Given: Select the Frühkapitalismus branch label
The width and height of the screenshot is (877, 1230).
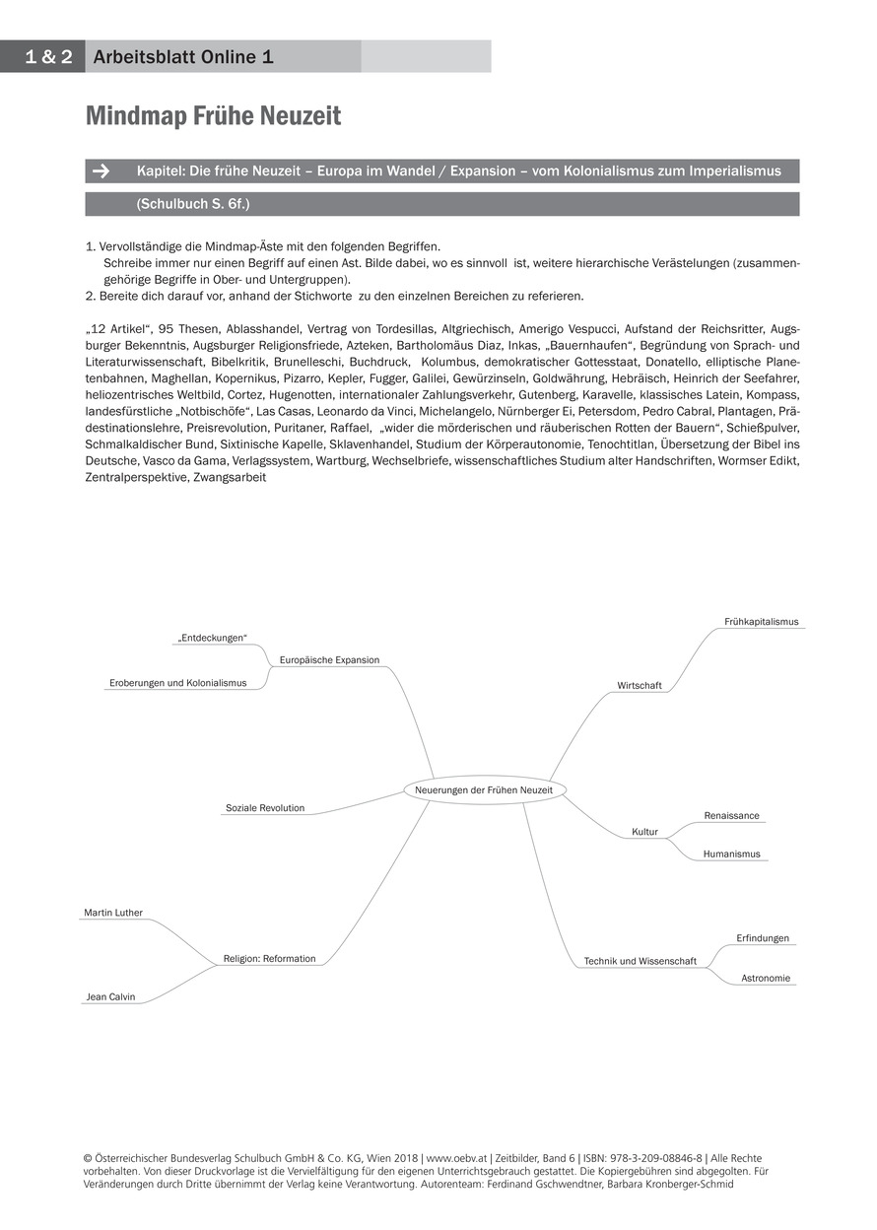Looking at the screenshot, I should (761, 622).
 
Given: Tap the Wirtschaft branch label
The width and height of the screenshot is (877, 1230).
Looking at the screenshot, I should (640, 685).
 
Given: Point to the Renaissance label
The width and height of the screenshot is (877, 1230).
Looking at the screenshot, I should (731, 816).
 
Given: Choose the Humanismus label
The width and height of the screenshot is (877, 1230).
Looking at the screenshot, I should (731, 854).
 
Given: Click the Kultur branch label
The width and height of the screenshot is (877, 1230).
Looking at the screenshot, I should (644, 832).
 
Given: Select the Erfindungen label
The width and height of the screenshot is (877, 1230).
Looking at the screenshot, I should (763, 938).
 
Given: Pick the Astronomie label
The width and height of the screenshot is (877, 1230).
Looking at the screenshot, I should (766, 978).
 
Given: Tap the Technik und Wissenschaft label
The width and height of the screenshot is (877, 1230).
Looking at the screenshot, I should (640, 961).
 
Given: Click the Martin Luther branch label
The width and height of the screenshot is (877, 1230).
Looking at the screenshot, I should (113, 913).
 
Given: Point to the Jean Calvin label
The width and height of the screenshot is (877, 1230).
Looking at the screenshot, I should (109, 996).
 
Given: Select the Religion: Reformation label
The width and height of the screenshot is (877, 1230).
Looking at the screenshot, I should (269, 958).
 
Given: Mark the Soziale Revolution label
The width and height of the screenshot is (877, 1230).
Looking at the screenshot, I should (265, 808).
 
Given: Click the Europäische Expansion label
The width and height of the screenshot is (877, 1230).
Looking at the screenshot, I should (329, 660).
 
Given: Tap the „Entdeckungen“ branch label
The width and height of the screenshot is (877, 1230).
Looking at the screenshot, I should (212, 639).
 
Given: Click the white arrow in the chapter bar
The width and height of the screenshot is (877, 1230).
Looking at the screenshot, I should (101, 171).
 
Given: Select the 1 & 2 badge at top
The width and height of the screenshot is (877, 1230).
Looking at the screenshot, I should (42, 57).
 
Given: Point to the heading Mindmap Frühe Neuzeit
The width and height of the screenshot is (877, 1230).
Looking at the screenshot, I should (213, 116).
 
